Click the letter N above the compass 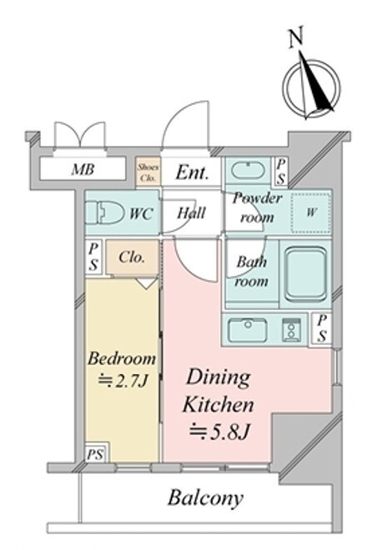(x=295, y=38)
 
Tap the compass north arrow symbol (x=312, y=87)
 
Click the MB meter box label (x=83, y=170)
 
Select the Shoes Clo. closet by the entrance (x=148, y=172)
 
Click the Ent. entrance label (x=193, y=172)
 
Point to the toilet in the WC (x=105, y=212)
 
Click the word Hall (x=191, y=212)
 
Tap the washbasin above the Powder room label (x=249, y=171)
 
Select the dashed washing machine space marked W (x=311, y=212)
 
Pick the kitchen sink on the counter (x=248, y=330)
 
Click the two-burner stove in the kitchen (x=291, y=330)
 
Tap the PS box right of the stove (x=322, y=328)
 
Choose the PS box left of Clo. (x=93, y=257)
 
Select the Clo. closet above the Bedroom (x=133, y=257)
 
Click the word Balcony (x=205, y=497)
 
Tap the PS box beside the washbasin (x=281, y=171)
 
